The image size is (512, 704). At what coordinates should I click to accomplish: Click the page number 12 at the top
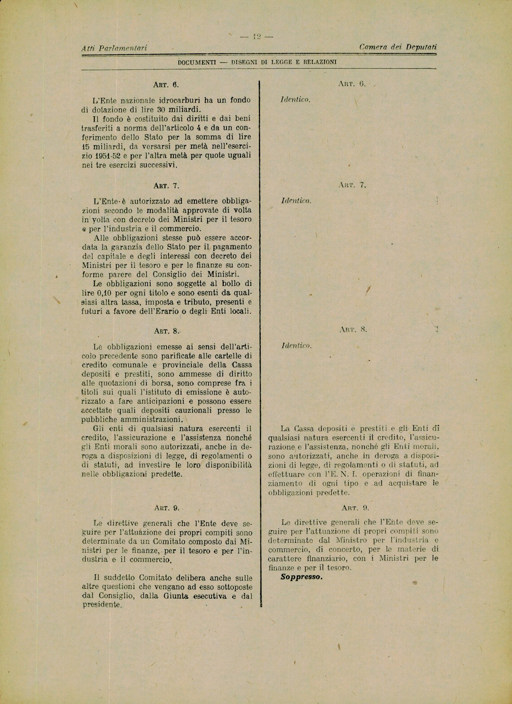point(256,37)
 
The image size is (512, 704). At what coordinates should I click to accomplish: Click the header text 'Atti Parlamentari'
point(114,48)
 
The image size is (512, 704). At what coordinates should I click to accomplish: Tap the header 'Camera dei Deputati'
point(398,47)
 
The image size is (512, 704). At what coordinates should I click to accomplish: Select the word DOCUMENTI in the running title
point(197,62)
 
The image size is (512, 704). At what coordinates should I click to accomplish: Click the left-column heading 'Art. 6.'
point(166,85)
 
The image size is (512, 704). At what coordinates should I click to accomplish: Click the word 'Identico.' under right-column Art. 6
point(295,100)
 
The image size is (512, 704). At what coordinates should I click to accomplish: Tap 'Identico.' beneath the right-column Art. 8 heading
point(296,346)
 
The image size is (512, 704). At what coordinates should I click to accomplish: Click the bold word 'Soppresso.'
point(302,577)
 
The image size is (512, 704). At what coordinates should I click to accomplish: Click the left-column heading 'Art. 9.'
point(167,508)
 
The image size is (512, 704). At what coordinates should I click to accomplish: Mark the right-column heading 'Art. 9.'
point(355,508)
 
